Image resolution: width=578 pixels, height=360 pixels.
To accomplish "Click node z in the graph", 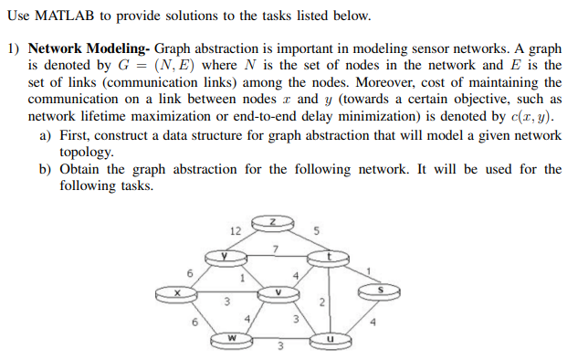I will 271,222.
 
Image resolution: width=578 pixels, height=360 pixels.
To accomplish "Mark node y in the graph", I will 222,258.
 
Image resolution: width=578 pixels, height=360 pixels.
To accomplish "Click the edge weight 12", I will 235,230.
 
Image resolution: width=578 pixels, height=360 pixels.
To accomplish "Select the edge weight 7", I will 273,249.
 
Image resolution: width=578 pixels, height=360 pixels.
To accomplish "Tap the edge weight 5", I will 314,231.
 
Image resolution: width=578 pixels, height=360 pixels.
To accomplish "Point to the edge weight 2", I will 322,302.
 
